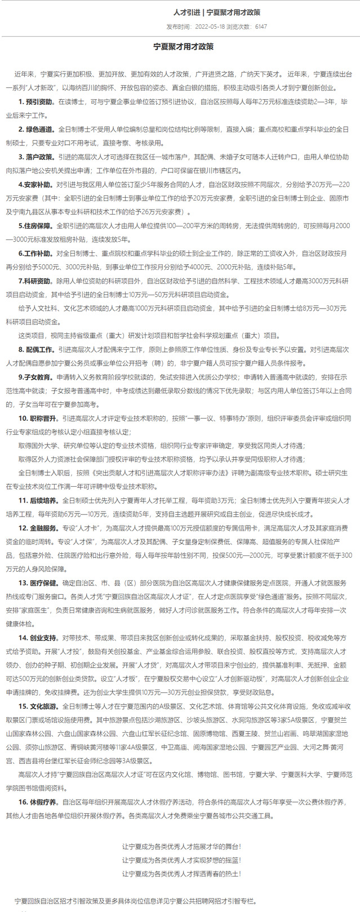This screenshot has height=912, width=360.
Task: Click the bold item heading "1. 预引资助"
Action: tap(37, 102)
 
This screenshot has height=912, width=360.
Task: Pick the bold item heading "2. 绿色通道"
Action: tap(37, 130)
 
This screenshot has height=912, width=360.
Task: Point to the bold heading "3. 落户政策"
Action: tap(37, 157)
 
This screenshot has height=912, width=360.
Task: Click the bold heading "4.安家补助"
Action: tap(35, 184)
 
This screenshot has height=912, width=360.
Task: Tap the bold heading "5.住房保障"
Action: tap(35, 225)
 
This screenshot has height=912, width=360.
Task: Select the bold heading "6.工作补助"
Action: tap(35, 253)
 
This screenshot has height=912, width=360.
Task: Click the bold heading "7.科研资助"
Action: tap(35, 281)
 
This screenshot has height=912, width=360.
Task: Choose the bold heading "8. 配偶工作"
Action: tap(37, 349)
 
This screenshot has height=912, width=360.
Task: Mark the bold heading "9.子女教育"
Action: tap(35, 377)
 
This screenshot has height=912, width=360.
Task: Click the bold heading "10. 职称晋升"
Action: tap(38, 418)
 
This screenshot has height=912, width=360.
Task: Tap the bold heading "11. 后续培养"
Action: tap(38, 500)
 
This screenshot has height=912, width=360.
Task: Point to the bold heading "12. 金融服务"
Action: tap(38, 528)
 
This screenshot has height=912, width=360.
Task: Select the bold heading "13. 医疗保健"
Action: tap(38, 583)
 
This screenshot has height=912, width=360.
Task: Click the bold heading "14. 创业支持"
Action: tap(38, 638)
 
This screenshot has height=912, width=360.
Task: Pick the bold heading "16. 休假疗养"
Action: tap(38, 801)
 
